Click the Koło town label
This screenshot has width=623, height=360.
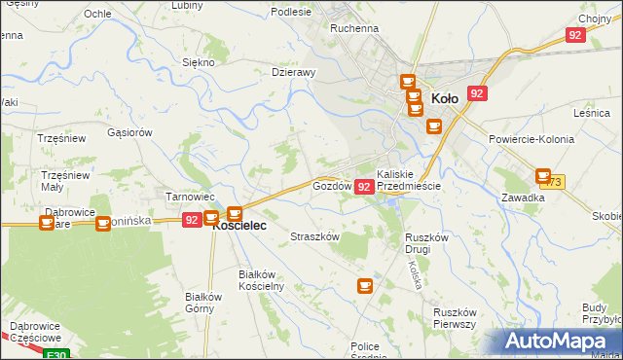tap(444, 98)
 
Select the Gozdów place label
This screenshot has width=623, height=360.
tap(331, 185)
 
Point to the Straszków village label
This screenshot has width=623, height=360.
tap(315, 236)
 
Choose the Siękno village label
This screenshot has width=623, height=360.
tap(198, 61)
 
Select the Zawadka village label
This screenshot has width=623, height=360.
tap(523, 197)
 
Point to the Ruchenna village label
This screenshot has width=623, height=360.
tap(353, 29)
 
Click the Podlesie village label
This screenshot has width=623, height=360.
tap(291, 12)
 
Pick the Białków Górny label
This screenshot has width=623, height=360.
tap(205, 303)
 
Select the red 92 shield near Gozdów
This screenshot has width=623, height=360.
tap(364, 186)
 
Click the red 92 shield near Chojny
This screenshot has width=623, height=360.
tap(574, 35)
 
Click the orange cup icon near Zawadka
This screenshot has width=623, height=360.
tap(543, 176)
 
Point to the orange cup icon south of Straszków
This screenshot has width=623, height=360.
tap(365, 285)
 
